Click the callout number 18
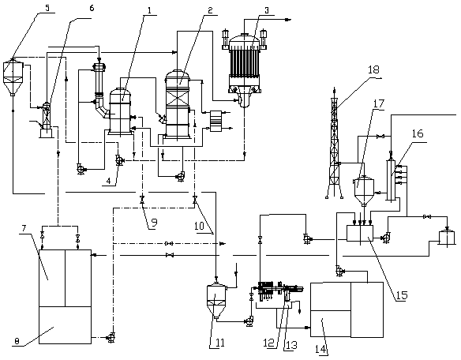(373, 70)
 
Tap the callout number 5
(47, 8)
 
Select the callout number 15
(401, 295)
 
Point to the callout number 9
(153, 223)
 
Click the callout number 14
(320, 350)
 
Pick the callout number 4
(109, 181)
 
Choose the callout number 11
(220, 343)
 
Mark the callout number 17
(379, 103)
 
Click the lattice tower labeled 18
(334, 144)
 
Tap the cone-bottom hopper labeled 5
(13, 77)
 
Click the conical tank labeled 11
(216, 301)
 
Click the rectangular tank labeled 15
(360, 233)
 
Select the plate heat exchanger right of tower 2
(216, 121)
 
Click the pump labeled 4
(119, 160)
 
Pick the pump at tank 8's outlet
(111, 337)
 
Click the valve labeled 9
(142, 200)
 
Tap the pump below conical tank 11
(249, 321)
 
